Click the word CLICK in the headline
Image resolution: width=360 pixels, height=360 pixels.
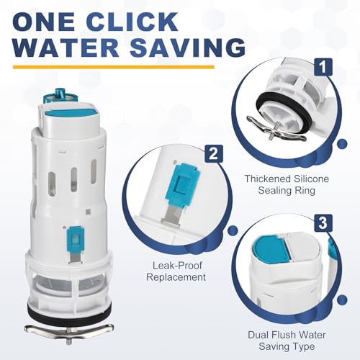click(x=135, y=22)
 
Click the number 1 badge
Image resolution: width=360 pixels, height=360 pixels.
click(x=323, y=67)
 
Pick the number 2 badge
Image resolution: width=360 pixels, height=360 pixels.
click(x=214, y=153)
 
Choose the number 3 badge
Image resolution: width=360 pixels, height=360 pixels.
click(x=323, y=223)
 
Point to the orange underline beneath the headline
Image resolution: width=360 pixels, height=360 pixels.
click(x=113, y=67)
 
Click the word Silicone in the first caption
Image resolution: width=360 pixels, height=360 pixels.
click(x=312, y=179)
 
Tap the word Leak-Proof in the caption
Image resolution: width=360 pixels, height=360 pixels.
click(x=177, y=266)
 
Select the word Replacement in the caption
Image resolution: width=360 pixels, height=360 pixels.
click(x=176, y=277)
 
